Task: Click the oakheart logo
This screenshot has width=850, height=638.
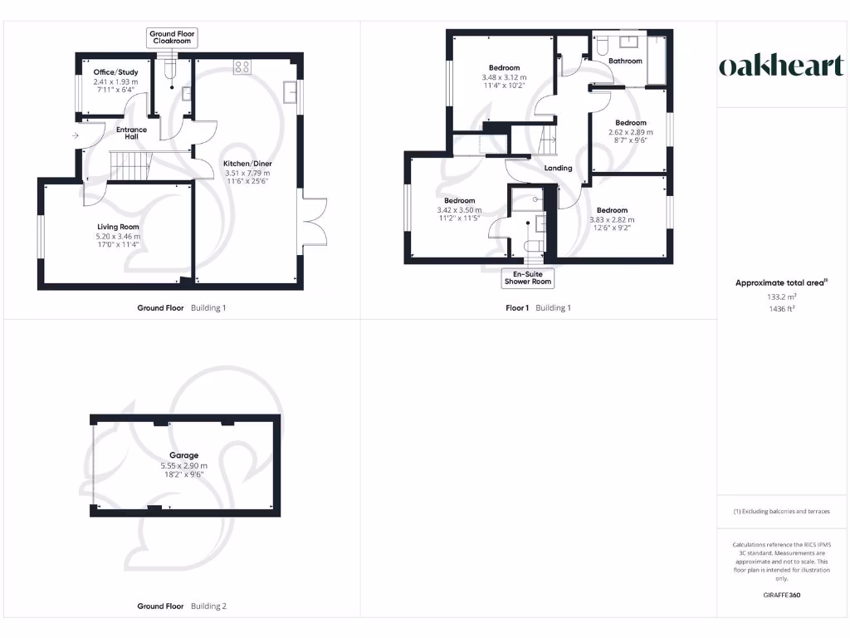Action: point(781,66)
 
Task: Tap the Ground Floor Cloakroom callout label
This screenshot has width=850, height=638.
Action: point(172,37)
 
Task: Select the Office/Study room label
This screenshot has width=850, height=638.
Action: point(115,72)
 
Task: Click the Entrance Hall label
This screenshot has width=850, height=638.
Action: point(131,133)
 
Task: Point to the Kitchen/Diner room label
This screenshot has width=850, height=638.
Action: point(248,164)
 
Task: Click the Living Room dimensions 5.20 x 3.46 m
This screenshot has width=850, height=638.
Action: point(117,237)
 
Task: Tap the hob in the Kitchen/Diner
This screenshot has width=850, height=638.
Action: point(243,67)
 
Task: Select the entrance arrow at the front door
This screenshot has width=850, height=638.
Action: point(76,135)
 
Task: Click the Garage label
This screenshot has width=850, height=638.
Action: point(184,455)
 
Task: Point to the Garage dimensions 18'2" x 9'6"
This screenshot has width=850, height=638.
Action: point(184,475)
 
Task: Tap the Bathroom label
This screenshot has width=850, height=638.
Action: point(625,61)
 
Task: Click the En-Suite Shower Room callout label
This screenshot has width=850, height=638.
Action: point(529,278)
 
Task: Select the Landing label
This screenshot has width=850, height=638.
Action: point(558,168)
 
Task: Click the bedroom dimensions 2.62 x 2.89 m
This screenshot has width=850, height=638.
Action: point(630,132)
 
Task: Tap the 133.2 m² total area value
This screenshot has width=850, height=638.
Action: point(780,296)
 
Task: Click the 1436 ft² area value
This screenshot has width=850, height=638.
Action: point(780,307)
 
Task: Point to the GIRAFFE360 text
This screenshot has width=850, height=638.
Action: point(781,595)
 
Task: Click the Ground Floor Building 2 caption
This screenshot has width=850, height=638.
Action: point(181,606)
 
